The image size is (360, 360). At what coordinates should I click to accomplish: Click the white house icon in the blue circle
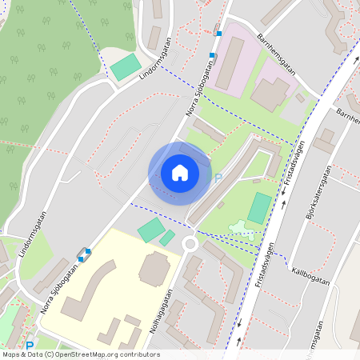click(180, 172)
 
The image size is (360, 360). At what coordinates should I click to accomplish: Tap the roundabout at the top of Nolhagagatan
click(190, 243)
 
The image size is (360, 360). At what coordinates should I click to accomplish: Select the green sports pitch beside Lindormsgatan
click(124, 67)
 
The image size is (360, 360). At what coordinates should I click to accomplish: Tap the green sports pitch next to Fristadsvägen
click(259, 208)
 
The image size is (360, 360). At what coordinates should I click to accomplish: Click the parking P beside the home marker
click(218, 178)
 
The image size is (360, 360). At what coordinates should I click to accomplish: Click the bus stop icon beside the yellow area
click(83, 254)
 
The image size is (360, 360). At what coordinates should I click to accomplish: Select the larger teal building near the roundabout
click(150, 231)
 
